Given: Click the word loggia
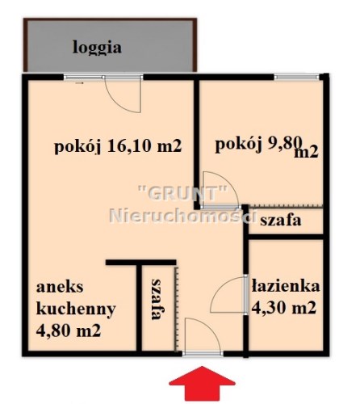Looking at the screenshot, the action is (97, 48).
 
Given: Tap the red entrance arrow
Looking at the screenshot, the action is (202, 383).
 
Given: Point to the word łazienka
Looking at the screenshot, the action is (286, 285).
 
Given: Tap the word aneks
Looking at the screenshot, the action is (60, 287).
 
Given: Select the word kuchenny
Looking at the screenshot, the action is (76, 309).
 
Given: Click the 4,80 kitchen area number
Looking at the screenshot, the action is (52, 330).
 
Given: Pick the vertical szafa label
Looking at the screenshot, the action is (157, 299).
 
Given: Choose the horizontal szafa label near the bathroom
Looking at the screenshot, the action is (281, 221).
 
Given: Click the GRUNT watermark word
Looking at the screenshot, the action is (182, 192).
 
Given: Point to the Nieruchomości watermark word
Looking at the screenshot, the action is (182, 215).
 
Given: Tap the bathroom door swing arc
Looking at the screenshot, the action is (220, 291).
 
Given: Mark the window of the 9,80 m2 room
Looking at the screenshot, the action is (296, 78).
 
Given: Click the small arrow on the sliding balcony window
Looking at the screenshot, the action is (80, 83).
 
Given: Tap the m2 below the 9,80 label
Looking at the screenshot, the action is (307, 153).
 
